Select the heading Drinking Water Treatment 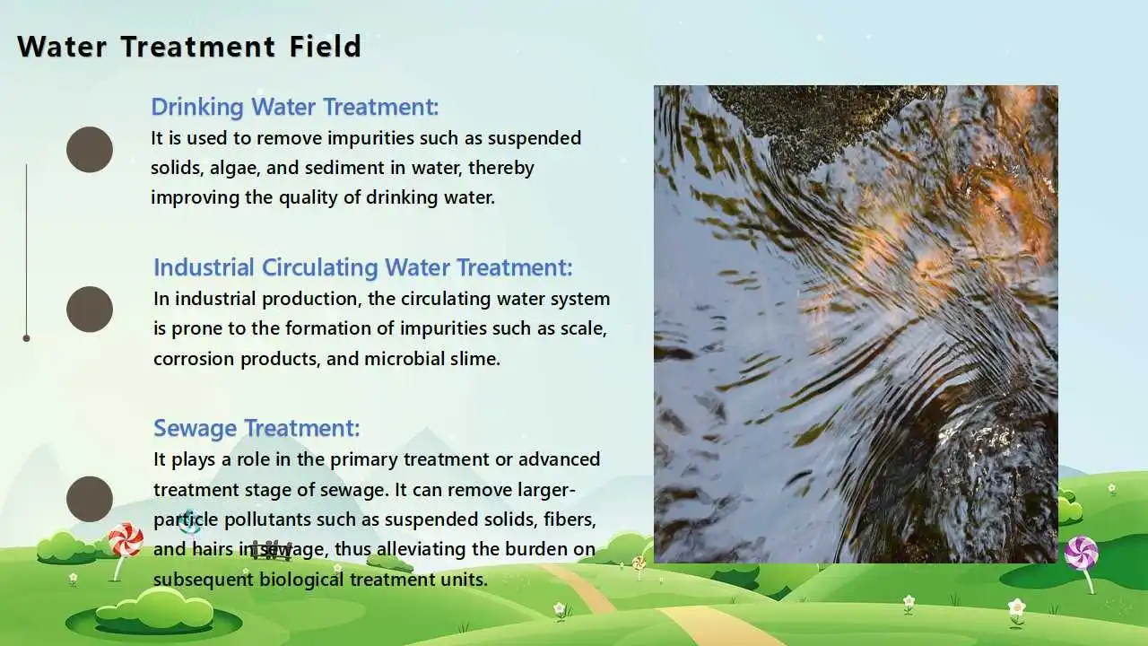click(x=294, y=107)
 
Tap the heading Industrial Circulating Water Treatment click(x=362, y=267)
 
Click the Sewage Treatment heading click(x=257, y=428)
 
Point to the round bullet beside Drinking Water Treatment click(x=90, y=150)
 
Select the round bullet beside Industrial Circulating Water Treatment click(x=90, y=310)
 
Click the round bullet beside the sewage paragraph click(x=90, y=500)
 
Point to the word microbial click(x=404, y=359)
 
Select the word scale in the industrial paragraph click(x=582, y=328)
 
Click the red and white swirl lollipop click(x=125, y=539)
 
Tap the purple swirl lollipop click(x=1081, y=553)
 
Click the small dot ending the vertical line click(x=26, y=338)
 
